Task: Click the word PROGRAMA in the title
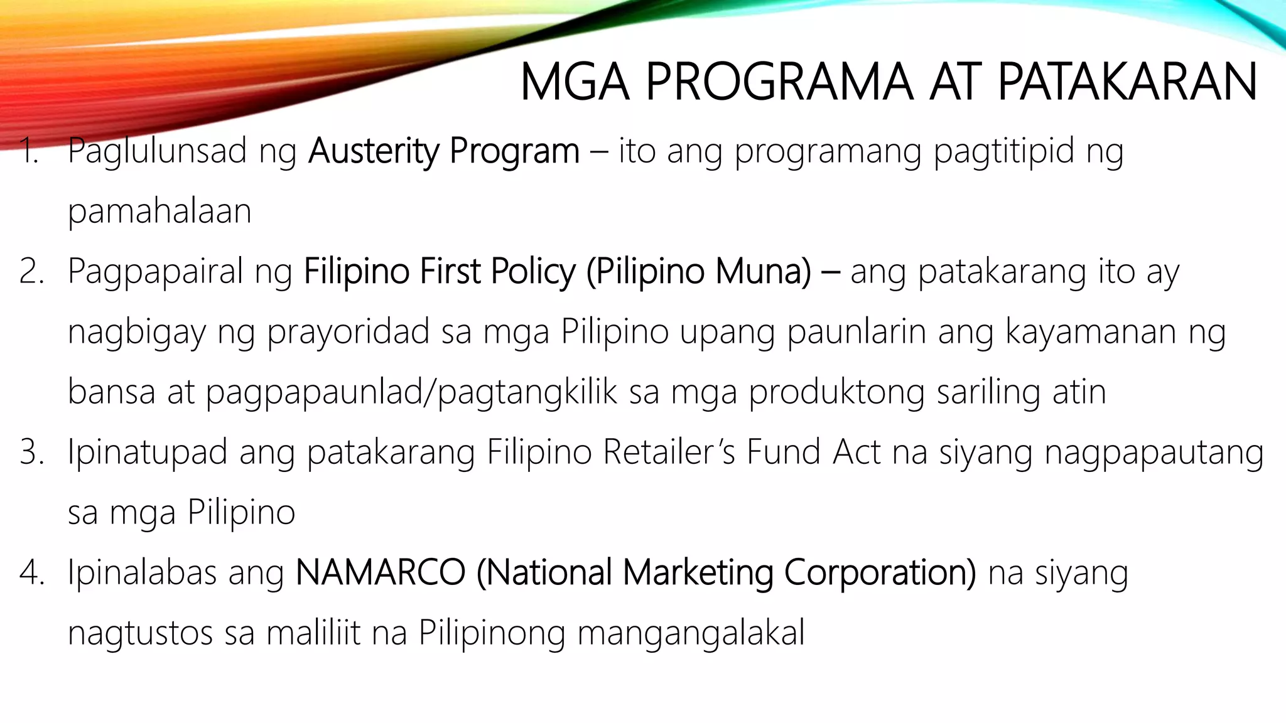[779, 82]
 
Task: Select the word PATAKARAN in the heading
[1127, 82]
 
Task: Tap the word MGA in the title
[575, 82]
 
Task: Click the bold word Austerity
[374, 151]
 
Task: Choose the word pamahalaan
[159, 212]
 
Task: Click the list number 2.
[31, 272]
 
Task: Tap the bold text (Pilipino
[645, 272]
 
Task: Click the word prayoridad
[348, 332]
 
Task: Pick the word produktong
[836, 392]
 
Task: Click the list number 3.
[31, 453]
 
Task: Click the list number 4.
[31, 573]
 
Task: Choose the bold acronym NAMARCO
[380, 573]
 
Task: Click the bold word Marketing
[697, 573]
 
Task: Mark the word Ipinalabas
[142, 573]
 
